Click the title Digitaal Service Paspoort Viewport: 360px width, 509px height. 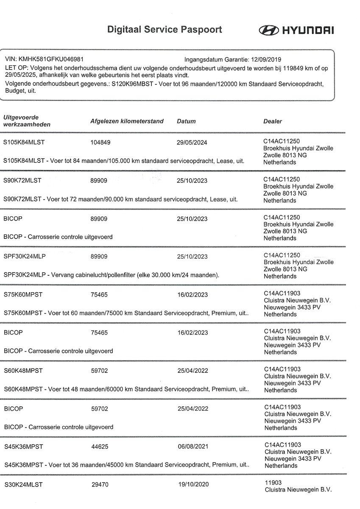[165, 30]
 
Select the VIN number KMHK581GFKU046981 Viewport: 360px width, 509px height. [54, 60]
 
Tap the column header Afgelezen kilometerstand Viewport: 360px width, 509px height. [127, 121]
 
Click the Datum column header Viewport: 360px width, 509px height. [186, 121]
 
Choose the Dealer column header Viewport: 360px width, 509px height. [273, 121]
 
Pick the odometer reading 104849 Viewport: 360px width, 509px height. [100, 143]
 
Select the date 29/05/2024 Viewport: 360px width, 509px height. [192, 143]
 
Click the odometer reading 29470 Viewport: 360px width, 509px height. [100, 484]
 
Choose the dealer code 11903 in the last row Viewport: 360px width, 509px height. [272, 482]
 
